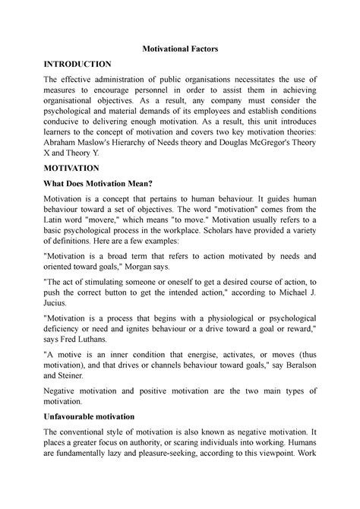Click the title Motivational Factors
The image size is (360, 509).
click(x=180, y=48)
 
